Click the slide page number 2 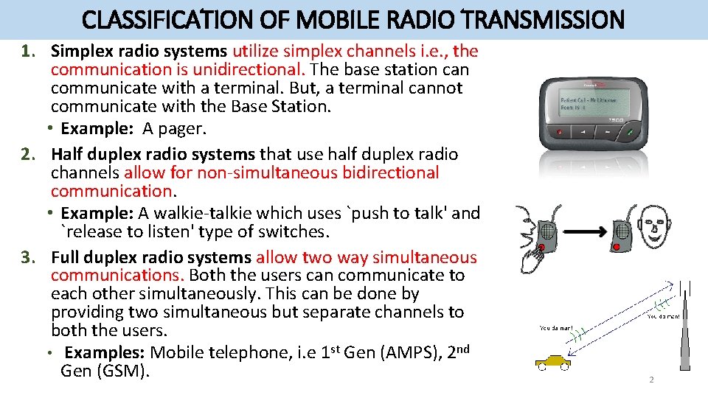[650, 380]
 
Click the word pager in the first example [184, 128]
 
